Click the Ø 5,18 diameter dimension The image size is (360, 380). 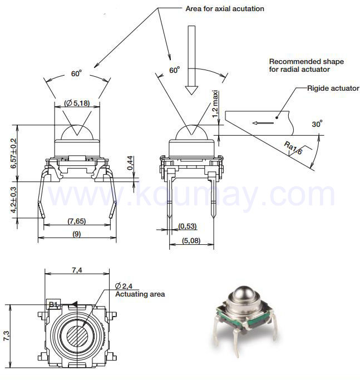point(77,103)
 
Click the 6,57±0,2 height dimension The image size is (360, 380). point(14,153)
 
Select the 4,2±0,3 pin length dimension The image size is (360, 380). point(13,200)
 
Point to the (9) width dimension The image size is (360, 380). point(77,234)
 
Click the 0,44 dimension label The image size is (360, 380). point(130,163)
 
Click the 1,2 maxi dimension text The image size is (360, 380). point(215,103)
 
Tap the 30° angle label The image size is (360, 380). point(317,124)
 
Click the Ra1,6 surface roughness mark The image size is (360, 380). point(293,148)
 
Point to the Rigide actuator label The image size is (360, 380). point(333,88)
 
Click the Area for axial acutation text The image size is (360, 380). point(225,9)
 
